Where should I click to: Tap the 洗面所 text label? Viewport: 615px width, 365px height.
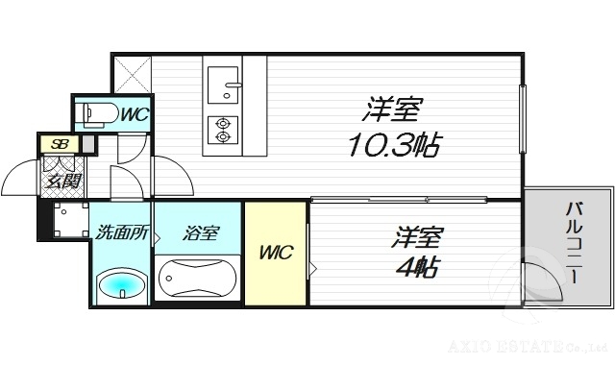[x=121, y=231]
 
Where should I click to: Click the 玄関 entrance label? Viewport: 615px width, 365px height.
[x=60, y=180]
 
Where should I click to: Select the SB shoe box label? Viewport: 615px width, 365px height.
[x=59, y=145]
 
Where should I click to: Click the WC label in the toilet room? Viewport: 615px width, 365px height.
[x=134, y=114]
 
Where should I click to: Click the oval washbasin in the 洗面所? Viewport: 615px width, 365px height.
[x=123, y=286]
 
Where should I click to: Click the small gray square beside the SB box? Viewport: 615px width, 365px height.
[x=88, y=145]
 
